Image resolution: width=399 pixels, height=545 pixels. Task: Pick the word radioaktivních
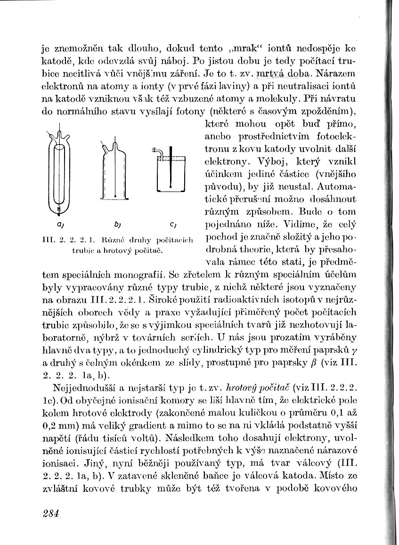click(239, 299)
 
